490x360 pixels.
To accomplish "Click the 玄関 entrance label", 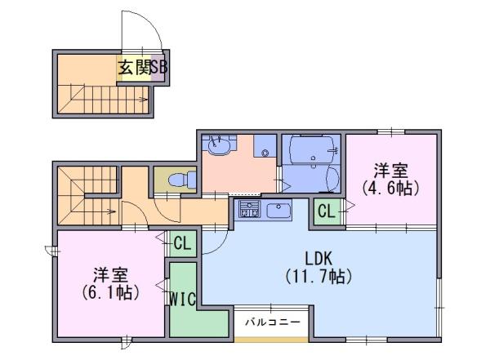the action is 135,67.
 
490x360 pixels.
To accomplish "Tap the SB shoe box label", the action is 159,67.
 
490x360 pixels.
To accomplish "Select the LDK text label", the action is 318,259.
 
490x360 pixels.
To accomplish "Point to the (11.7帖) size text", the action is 318,276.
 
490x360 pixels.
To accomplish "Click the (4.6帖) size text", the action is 390,188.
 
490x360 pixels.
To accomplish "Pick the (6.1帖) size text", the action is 111,293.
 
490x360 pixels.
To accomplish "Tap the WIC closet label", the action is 183,299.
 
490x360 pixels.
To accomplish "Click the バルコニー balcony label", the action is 273,322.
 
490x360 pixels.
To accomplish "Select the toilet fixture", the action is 182,180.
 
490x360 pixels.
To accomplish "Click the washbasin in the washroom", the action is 220,147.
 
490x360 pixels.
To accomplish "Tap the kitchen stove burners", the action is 249,209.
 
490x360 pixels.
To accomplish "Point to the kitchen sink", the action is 278,211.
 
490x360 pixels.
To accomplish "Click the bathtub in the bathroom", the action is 311,149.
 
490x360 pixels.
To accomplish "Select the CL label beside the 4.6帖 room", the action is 327,211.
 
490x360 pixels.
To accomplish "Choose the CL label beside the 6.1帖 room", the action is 182,242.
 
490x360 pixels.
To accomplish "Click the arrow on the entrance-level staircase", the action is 143,100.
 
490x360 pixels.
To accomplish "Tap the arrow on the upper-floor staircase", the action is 110,211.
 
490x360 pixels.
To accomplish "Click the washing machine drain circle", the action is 265,153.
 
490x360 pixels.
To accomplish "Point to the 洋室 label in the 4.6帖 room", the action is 390,171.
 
